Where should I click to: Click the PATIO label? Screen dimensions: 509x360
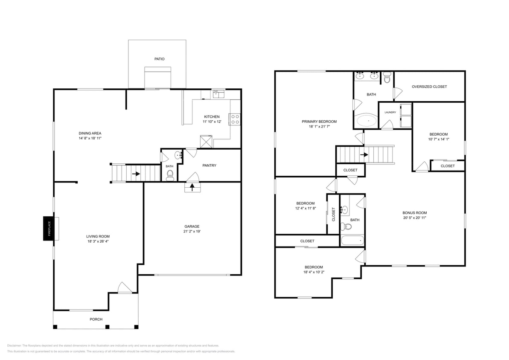(x=160, y=59)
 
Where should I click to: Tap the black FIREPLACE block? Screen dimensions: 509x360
(x=48, y=229)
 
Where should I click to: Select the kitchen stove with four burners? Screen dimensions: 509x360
(x=235, y=119)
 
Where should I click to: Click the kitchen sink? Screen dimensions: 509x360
(x=219, y=94)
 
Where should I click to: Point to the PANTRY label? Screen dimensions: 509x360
(x=209, y=165)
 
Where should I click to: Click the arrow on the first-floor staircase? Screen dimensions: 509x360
(x=136, y=174)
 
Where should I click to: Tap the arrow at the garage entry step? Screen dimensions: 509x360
(x=192, y=187)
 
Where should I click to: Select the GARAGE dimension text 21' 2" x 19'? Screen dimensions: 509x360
(x=192, y=232)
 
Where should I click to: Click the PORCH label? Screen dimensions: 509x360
(x=96, y=319)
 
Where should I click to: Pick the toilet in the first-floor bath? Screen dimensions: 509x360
(x=170, y=176)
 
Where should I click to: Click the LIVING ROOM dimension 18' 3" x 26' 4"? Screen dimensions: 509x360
(x=98, y=241)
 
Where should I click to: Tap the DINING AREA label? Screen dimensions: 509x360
(x=90, y=134)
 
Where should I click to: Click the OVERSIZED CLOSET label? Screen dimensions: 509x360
(x=430, y=87)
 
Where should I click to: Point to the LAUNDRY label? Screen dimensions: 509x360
(x=390, y=112)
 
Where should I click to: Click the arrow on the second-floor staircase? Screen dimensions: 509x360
(x=364, y=155)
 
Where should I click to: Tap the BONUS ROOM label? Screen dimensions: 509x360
(x=415, y=213)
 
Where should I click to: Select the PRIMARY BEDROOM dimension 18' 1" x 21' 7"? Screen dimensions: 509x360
(x=320, y=127)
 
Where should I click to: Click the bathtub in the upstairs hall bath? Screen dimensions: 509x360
(x=352, y=241)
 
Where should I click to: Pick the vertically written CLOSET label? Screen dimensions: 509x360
(x=333, y=215)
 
